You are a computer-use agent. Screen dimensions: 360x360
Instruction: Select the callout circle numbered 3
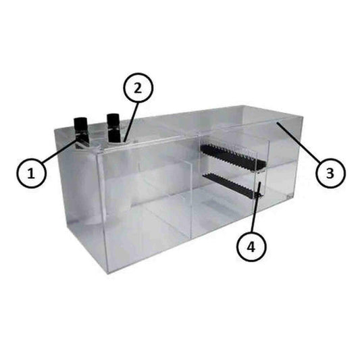[330, 173]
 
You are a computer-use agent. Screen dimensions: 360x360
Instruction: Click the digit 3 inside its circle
[330, 173]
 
